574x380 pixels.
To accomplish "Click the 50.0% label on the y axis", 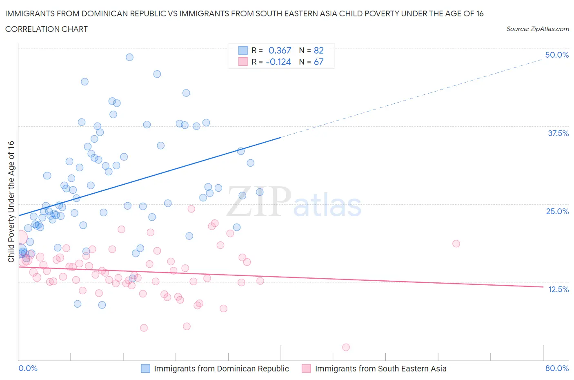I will click(557, 55).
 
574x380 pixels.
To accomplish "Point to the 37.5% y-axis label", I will click(558, 133).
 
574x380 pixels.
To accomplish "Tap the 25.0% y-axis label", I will click(557, 211).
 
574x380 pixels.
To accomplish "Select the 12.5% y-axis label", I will click(558, 289).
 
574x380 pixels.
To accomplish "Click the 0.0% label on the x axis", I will click(28, 368).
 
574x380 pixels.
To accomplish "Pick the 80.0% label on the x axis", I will click(557, 368).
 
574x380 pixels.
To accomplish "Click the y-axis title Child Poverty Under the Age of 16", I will click(11, 201).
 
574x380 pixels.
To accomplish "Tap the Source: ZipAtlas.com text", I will click(537, 29).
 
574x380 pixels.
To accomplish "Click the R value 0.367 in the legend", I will click(280, 50).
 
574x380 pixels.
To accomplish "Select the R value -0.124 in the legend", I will click(278, 62).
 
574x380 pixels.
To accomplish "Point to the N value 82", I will click(318, 50).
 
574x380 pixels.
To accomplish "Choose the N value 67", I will click(318, 62).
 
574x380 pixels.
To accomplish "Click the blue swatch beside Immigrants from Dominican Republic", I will click(146, 369).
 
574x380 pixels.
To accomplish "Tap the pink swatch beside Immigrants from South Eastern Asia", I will click(306, 369).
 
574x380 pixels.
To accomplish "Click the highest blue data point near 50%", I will click(129, 57).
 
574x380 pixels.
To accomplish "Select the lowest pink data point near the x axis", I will click(346, 347).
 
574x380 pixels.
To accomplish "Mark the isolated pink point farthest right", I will click(456, 244).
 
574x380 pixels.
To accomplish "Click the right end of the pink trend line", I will click(543, 287).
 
